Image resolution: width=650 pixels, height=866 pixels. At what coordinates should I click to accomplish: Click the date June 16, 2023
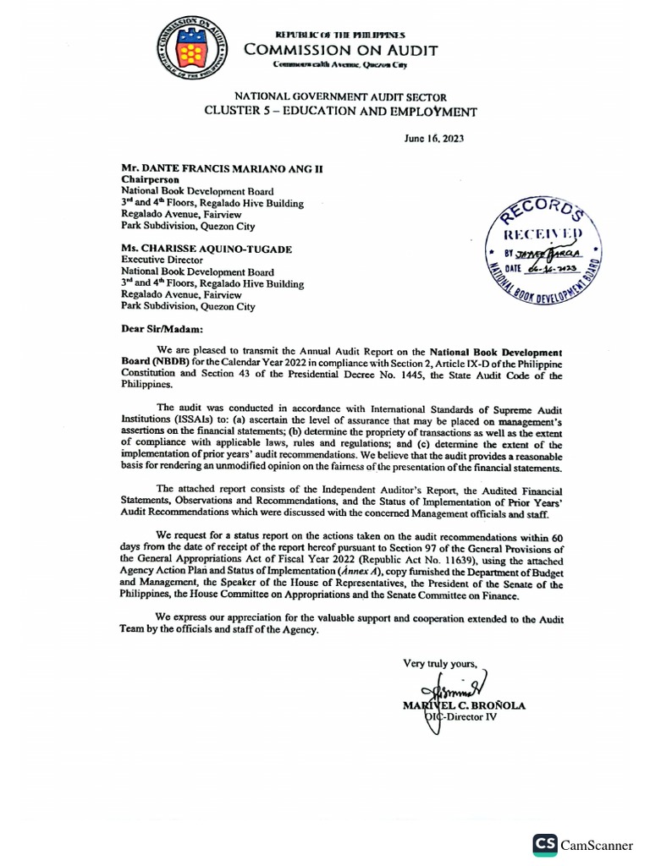[434, 138]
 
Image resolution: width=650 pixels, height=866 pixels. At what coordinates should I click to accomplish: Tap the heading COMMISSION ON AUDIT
[341, 51]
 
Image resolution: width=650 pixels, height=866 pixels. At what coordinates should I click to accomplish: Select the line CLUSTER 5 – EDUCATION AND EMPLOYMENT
[341, 112]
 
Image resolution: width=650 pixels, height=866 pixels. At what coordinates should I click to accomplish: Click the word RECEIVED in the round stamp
[543, 233]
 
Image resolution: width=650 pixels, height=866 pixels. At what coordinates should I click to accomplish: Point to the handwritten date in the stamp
[554, 268]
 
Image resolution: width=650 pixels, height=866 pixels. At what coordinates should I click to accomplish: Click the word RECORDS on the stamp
[542, 209]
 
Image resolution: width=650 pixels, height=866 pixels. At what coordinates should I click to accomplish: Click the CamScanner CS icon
[545, 844]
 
